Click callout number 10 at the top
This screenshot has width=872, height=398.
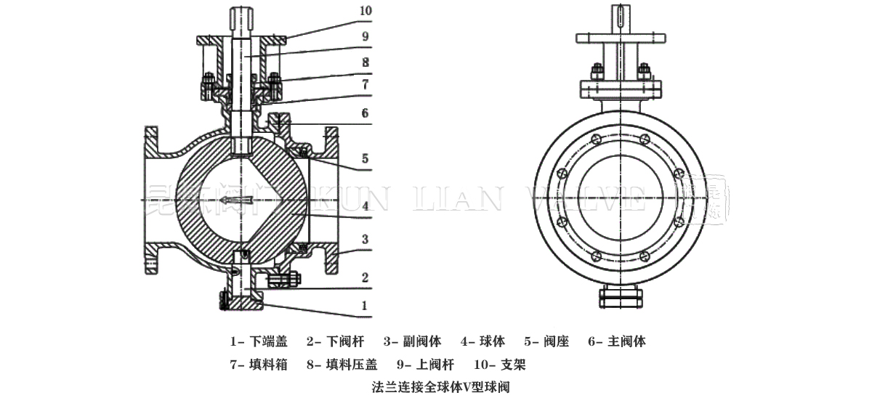pos(365,12)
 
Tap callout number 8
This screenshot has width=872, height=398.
pos(365,62)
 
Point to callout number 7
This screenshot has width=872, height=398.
pos(365,86)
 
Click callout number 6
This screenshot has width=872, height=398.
pos(365,113)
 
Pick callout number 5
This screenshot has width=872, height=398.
pos(365,158)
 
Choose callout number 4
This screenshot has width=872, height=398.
pos(365,206)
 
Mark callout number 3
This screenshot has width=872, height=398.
pos(365,239)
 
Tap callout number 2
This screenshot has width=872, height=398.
pos(365,277)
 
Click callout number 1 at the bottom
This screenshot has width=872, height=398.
pos(365,306)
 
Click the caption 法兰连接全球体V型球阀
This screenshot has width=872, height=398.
pos(436,386)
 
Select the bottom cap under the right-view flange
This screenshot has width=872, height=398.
pos(620,296)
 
